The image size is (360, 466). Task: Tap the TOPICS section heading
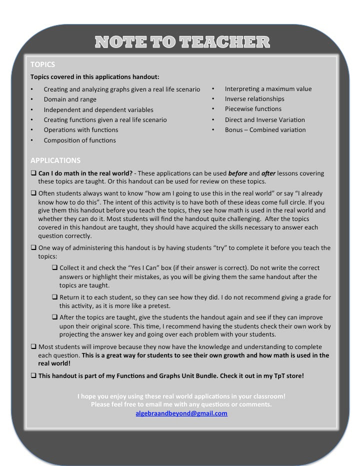click(x=43, y=64)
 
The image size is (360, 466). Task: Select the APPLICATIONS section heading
click(x=55, y=160)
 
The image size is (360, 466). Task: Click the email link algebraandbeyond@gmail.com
click(x=181, y=413)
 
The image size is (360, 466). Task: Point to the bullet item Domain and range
click(x=70, y=99)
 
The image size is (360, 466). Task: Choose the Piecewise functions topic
click(x=253, y=109)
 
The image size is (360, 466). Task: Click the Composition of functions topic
click(x=79, y=140)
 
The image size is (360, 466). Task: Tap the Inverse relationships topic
click(x=254, y=99)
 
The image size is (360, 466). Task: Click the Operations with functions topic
click(x=81, y=130)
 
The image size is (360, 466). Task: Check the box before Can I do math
click(x=33, y=173)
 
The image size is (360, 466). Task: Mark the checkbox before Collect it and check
click(x=55, y=268)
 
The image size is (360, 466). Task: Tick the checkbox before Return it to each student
click(x=55, y=297)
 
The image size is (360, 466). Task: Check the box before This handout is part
click(x=33, y=375)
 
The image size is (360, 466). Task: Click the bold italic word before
click(x=238, y=173)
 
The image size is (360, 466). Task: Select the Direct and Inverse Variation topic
click(x=264, y=120)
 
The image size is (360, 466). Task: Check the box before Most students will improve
click(x=33, y=346)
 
